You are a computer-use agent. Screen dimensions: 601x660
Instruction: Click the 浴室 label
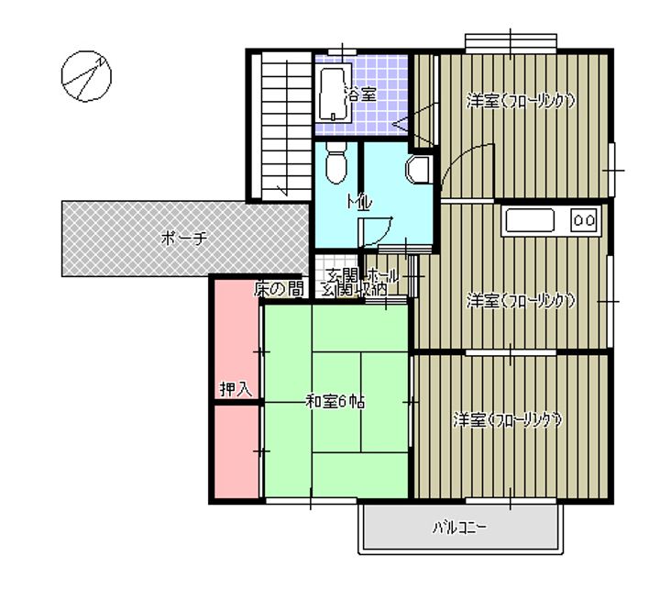click(x=359, y=94)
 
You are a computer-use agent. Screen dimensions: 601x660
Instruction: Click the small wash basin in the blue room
click(x=418, y=168)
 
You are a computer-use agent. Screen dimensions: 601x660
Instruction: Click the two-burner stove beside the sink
click(x=584, y=219)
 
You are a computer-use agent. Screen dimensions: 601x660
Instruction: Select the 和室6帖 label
click(x=335, y=400)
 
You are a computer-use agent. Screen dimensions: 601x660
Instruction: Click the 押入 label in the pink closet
click(x=235, y=389)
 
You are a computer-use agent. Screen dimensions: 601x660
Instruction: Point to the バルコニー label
click(x=459, y=529)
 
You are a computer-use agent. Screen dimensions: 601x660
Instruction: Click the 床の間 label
click(x=279, y=289)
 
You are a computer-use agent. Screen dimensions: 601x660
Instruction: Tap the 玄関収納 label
click(x=353, y=290)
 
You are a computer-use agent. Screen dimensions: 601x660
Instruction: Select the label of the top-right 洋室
click(x=520, y=101)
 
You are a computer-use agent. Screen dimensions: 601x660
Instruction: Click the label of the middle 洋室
click(x=520, y=300)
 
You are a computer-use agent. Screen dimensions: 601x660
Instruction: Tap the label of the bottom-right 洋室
click(x=507, y=420)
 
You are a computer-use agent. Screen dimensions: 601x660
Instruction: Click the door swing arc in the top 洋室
click(x=457, y=162)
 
